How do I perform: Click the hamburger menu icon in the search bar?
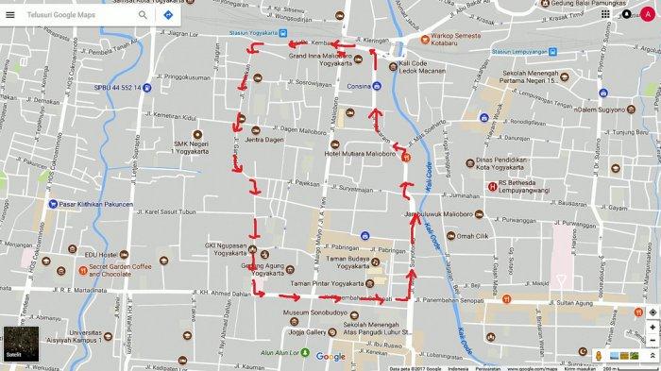pos(10,15)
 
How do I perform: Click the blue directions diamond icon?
pos(167,16)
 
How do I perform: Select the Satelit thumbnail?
pos(19,346)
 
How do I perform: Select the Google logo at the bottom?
pos(330,357)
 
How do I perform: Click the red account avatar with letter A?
pos(646,16)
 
